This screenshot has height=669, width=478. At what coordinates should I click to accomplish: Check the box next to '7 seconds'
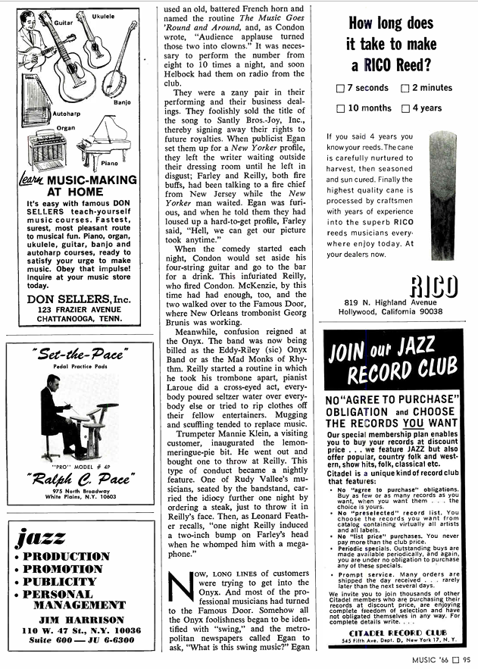coord(340,89)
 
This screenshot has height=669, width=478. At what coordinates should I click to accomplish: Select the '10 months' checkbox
coord(340,108)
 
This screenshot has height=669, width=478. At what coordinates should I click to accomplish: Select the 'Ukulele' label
coord(103,16)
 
